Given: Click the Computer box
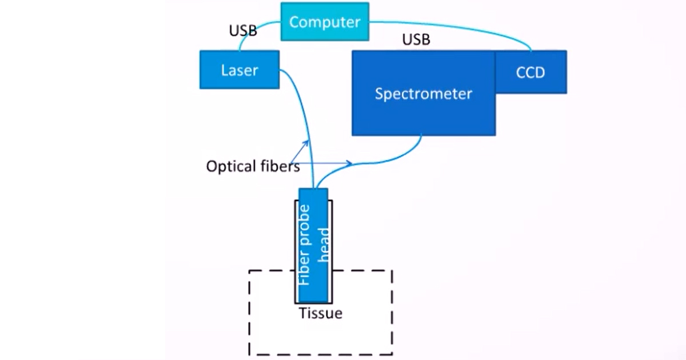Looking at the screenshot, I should [x=325, y=22].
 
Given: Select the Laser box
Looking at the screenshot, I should [x=240, y=70].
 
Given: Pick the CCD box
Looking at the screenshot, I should [x=531, y=72].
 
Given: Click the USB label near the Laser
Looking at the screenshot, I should [x=243, y=31].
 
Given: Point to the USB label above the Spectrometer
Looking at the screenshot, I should [x=416, y=40].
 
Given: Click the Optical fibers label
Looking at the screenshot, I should [x=253, y=167].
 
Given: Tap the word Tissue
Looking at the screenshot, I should [x=321, y=313].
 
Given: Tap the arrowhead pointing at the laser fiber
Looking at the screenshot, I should [x=307, y=142].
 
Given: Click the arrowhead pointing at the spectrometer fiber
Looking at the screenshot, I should [x=349, y=163].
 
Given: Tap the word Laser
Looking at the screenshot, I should [x=240, y=70].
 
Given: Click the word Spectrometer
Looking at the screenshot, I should [x=423, y=94].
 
